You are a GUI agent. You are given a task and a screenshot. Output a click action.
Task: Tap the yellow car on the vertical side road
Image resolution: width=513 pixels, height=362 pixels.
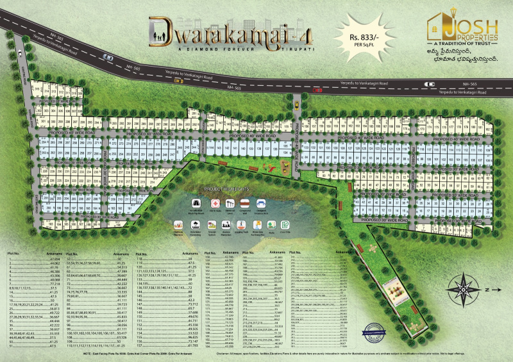click(297, 104)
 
